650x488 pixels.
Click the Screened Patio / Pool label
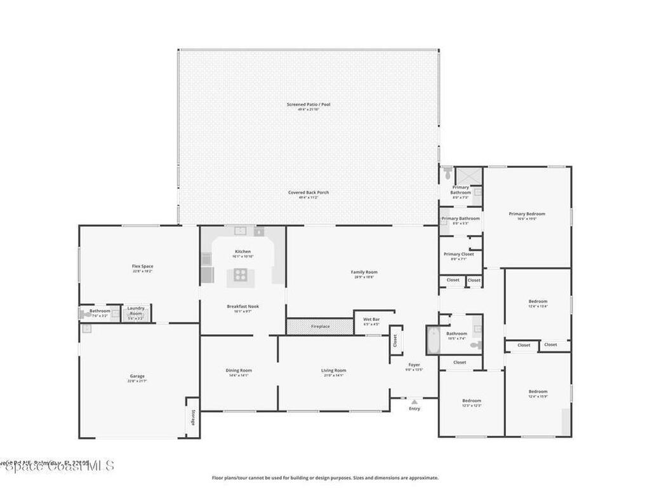[x=308, y=104]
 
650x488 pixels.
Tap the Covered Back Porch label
[x=308, y=193]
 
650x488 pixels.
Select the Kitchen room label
[x=242, y=252]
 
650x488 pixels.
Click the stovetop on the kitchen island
[x=241, y=274]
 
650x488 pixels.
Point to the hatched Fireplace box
[x=320, y=326]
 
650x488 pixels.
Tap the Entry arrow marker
[x=414, y=402]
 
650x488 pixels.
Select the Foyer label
[x=414, y=365]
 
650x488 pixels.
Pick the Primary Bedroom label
[x=527, y=214]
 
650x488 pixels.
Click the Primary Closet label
[x=458, y=254]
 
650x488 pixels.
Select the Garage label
[x=137, y=376]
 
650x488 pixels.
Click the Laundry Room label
[x=136, y=311]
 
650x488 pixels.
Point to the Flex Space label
[x=142, y=266]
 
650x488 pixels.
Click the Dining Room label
[x=239, y=370]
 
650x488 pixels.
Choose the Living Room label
[x=333, y=370]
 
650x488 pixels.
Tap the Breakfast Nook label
[x=242, y=306]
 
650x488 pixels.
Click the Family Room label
[x=364, y=272]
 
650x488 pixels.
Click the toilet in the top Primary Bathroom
[x=448, y=172]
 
